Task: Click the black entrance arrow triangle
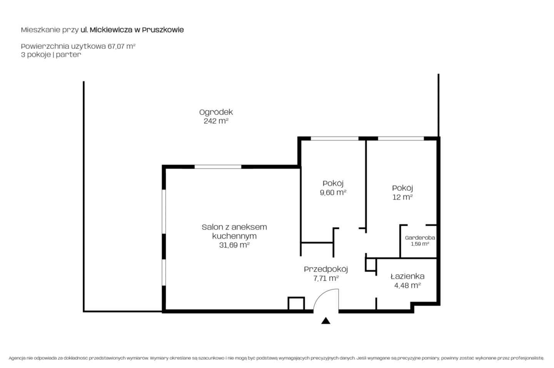(326, 321)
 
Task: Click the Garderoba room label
(420, 238)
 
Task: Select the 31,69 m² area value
(234, 245)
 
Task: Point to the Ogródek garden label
(216, 112)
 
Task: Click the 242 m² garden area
(216, 121)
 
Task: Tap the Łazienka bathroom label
(407, 276)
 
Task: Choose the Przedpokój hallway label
(326, 269)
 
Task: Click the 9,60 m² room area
(333, 192)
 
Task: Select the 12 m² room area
(402, 197)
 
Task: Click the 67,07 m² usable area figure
(122, 46)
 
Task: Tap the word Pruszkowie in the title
(163, 30)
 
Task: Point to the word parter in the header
(68, 55)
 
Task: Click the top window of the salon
(218, 167)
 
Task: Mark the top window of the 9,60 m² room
(334, 138)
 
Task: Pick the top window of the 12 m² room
(401, 138)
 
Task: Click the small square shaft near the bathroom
(371, 265)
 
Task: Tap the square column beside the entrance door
(296, 303)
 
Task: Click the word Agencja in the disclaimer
(17, 358)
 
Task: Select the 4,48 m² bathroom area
(407, 285)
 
